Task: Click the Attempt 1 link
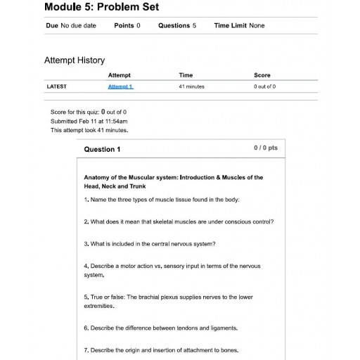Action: (x=120, y=86)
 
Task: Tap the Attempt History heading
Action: (x=75, y=60)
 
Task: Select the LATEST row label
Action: (x=56, y=86)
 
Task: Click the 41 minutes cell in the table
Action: (x=191, y=86)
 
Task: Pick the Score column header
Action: (x=262, y=75)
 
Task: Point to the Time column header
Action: (x=186, y=75)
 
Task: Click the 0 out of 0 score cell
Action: (x=264, y=86)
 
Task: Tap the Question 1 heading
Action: (x=102, y=149)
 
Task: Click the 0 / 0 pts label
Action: (x=265, y=148)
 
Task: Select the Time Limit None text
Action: (x=239, y=26)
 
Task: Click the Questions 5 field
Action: (x=176, y=26)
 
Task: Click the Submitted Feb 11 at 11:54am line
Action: (x=89, y=121)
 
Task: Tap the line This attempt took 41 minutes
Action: (x=89, y=130)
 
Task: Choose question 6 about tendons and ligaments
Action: (x=160, y=328)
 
